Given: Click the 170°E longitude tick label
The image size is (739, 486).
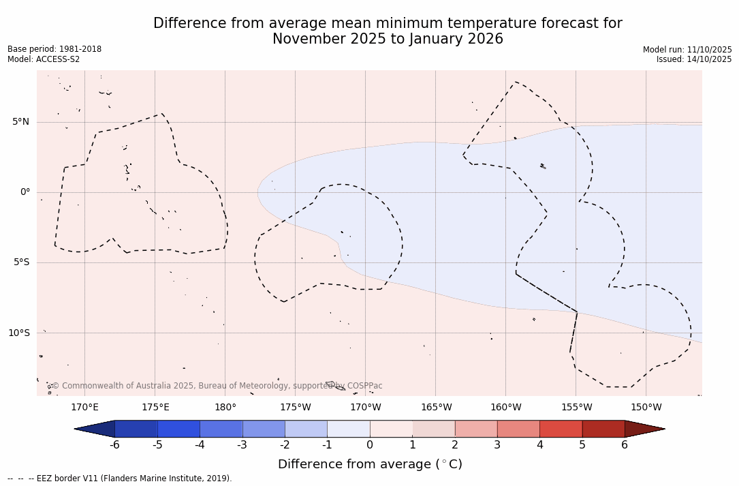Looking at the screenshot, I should pyautogui.click(x=84, y=408).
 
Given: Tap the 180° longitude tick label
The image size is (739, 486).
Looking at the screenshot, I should pyautogui.click(x=225, y=408).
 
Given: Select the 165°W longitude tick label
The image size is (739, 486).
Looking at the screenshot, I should pyautogui.click(x=436, y=408).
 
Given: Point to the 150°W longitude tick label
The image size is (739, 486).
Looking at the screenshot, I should pyautogui.click(x=646, y=408).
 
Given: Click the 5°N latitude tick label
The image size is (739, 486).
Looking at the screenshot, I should pyautogui.click(x=20, y=122).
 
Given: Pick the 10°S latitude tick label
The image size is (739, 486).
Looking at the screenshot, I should pyautogui.click(x=18, y=333).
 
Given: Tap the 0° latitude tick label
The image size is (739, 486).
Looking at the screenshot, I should pyautogui.click(x=25, y=192).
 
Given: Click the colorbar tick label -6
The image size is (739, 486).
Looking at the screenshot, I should pyautogui.click(x=114, y=445).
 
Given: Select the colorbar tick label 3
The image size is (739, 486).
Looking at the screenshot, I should pyautogui.click(x=497, y=445).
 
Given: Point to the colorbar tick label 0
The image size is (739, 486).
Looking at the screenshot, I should pyautogui.click(x=370, y=445).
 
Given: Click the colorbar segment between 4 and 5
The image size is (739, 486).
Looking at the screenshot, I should pyautogui.click(x=561, y=429).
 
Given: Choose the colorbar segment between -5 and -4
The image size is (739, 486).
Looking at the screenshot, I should pyautogui.click(x=178, y=429).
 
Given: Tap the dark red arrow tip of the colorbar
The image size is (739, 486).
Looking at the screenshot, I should pyautogui.click(x=644, y=429).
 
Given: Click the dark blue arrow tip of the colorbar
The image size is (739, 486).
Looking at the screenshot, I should pyautogui.click(x=95, y=429).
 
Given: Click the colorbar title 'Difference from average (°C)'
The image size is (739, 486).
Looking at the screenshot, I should pyautogui.click(x=370, y=464).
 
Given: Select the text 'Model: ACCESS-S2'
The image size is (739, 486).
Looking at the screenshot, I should pyautogui.click(x=44, y=59).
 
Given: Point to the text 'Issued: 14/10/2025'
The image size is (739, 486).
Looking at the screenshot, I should pyautogui.click(x=694, y=59).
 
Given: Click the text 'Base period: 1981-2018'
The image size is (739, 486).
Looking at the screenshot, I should pyautogui.click(x=54, y=49).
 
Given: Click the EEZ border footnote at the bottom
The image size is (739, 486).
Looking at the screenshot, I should pyautogui.click(x=120, y=479).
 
